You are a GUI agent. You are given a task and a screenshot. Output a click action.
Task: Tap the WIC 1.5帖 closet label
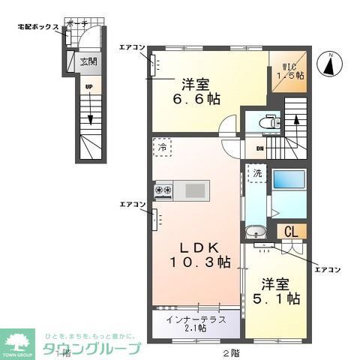click(288, 70)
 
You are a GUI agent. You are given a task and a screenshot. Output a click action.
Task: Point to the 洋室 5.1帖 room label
click(280, 292)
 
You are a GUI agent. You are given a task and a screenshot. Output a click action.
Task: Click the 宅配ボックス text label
click(38, 27)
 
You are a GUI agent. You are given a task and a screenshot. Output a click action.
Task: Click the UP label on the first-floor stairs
click(88, 87)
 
